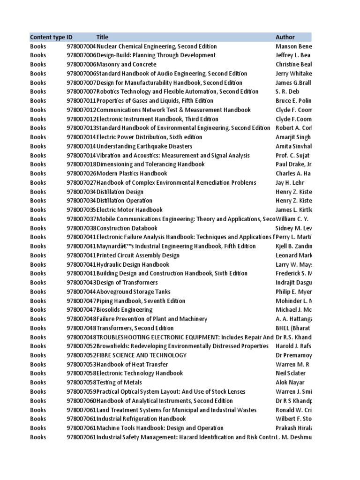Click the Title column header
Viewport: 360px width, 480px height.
[x=102, y=37]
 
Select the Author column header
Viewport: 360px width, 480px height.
[x=285, y=37]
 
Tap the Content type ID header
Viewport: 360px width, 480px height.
[x=51, y=37]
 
